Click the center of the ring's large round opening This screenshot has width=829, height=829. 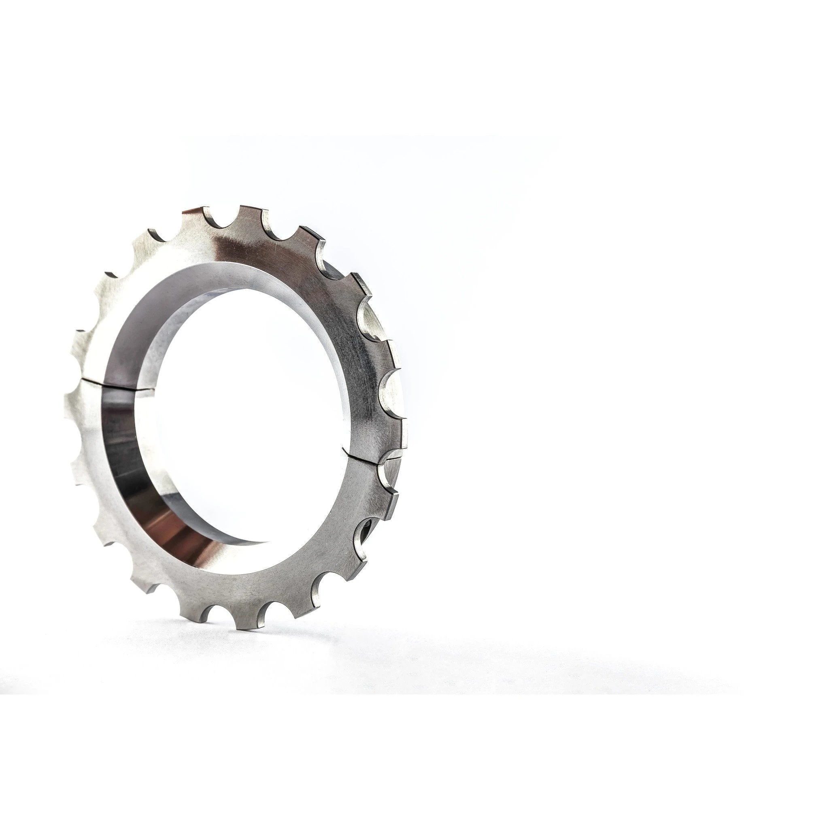coord(240,412)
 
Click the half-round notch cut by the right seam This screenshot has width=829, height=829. coord(388,468)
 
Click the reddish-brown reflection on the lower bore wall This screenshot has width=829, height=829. coord(180,536)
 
